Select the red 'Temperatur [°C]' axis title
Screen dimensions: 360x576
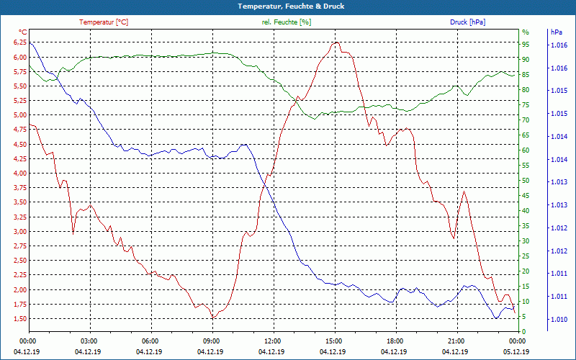point(104,22)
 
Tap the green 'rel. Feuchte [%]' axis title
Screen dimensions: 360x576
point(286,22)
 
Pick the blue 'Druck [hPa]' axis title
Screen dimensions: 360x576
point(467,22)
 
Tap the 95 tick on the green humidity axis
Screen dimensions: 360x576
point(526,44)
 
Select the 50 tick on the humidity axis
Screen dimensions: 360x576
point(526,181)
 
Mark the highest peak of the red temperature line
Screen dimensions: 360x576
point(335,42)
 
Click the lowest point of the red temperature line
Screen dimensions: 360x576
point(212,318)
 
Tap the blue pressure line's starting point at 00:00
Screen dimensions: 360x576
point(30,42)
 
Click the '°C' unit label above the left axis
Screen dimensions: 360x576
point(23,32)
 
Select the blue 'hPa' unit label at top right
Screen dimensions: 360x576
point(556,32)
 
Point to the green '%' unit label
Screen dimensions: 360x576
point(526,32)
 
